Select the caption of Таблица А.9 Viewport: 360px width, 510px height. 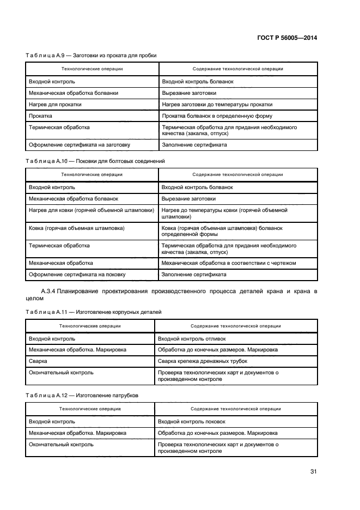(x=92, y=55)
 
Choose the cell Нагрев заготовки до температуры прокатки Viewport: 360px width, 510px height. (x=217, y=104)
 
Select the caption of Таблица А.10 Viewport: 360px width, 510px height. (x=95, y=161)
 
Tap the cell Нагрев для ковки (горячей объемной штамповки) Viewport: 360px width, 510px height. (x=91, y=210)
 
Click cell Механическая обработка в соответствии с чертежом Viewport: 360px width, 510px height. (x=229, y=263)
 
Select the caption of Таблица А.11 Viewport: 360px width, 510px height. (x=94, y=312)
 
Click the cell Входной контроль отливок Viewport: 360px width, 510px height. (x=184, y=338)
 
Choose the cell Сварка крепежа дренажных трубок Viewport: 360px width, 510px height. (x=202, y=361)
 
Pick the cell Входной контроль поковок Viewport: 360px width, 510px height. (x=184, y=421)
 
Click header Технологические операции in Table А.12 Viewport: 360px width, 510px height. (x=90, y=408)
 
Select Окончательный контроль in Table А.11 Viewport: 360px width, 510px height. (x=61, y=373)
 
